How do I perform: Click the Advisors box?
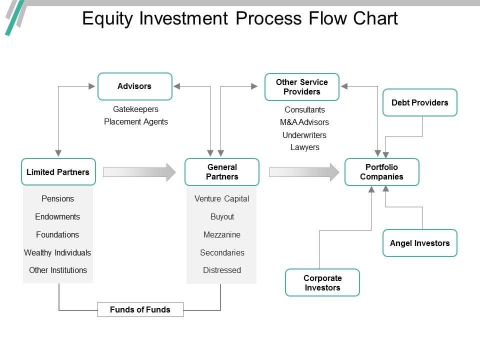(135, 86)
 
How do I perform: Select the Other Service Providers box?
(302, 87)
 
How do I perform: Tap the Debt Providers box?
(419, 102)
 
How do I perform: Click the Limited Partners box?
(58, 171)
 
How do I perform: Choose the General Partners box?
(222, 171)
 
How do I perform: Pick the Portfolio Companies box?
(381, 171)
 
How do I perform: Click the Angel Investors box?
(419, 243)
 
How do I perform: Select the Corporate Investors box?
(322, 282)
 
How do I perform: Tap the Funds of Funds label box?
(140, 309)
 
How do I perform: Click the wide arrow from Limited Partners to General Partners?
(139, 172)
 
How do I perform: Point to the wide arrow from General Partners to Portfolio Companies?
(304, 172)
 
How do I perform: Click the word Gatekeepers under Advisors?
(135, 109)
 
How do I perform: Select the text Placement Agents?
(136, 122)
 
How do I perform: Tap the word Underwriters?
(304, 135)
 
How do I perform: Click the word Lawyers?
(305, 147)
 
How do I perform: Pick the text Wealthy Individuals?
(57, 252)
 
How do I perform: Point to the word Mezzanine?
(222, 235)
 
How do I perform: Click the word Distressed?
(222, 270)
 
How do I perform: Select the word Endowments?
(57, 216)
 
